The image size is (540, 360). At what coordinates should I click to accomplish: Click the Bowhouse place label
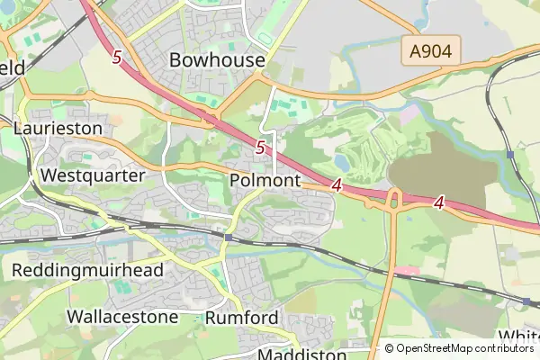[x=217, y=60]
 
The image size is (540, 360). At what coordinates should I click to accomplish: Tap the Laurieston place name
[x=58, y=129]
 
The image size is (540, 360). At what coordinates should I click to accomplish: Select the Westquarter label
[x=93, y=175]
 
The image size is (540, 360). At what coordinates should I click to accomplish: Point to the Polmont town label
[x=265, y=181]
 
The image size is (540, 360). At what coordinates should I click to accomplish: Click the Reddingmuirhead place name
[x=87, y=270]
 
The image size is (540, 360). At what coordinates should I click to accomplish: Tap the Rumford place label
[x=242, y=318]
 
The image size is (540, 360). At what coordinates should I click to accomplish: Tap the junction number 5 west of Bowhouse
[x=117, y=57]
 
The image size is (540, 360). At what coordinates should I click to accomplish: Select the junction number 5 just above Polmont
[x=261, y=147]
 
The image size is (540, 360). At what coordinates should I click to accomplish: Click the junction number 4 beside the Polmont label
[x=337, y=185]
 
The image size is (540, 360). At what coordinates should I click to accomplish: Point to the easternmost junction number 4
[x=439, y=202]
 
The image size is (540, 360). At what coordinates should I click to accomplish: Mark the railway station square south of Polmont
[x=229, y=238]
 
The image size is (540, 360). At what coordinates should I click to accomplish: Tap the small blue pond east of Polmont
[x=342, y=163]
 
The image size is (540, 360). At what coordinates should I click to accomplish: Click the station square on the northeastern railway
[x=510, y=154]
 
